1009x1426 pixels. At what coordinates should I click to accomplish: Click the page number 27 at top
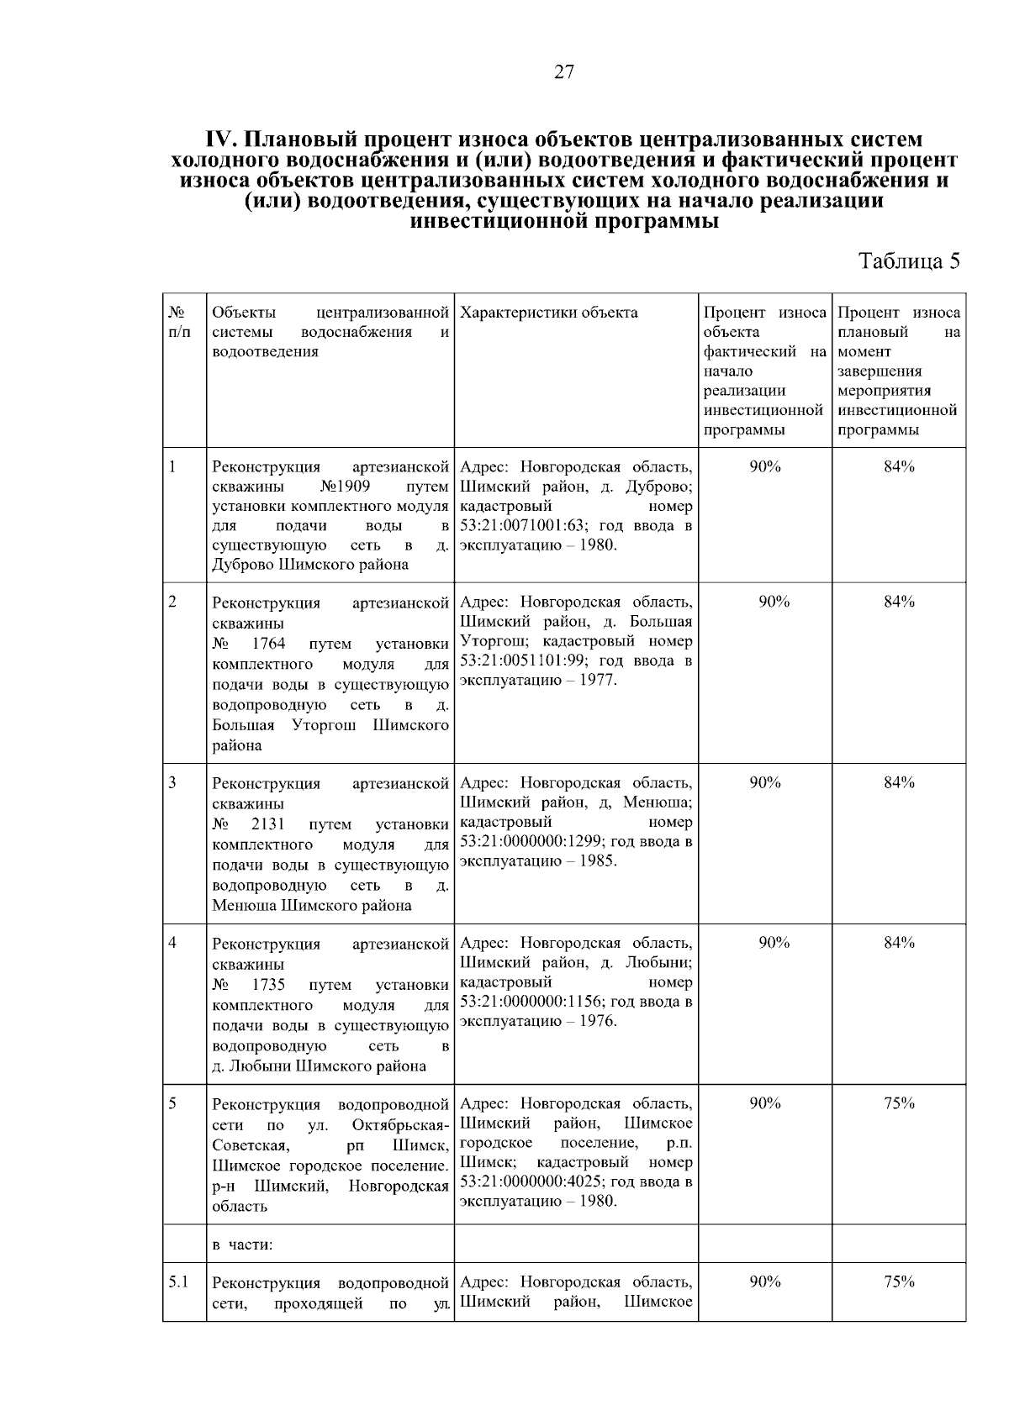[x=564, y=72]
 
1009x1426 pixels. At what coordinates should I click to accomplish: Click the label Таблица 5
[x=908, y=260]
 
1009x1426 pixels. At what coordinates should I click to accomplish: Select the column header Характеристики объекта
[x=549, y=313]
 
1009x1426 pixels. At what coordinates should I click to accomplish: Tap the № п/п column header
[x=178, y=323]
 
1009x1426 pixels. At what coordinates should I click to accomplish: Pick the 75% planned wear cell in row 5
[x=899, y=1104]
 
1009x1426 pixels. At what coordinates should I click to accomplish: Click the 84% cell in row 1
[x=899, y=467]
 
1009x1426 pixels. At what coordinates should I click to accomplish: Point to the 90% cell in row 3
[x=765, y=782]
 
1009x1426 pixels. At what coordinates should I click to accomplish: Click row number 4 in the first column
[x=172, y=942]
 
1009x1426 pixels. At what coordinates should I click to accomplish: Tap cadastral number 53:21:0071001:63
[x=525, y=526]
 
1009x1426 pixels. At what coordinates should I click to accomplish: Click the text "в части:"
[x=242, y=1245]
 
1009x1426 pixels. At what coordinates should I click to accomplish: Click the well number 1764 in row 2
[x=269, y=644]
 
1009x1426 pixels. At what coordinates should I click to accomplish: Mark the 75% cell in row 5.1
[x=899, y=1281]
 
